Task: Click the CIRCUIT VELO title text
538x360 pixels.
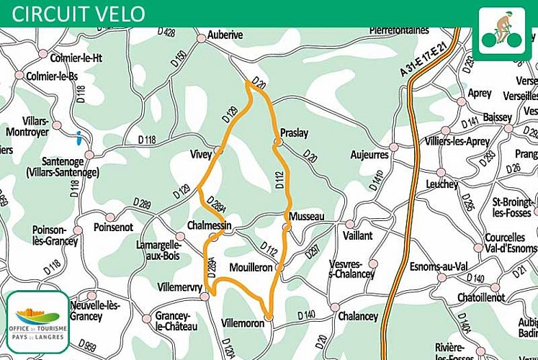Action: pos(79,14)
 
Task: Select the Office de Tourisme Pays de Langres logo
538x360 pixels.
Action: pos(37,321)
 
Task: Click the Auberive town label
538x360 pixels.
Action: pos(225,35)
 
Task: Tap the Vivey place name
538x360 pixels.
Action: pos(201,153)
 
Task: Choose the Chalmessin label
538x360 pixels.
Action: pos(208,225)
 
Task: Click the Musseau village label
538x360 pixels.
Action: pos(307,216)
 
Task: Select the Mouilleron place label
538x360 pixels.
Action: pos(250,267)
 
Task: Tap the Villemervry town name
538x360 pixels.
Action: pos(179,287)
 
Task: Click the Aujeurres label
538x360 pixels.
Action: pos(369,154)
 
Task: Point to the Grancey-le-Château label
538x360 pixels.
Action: pos(176,320)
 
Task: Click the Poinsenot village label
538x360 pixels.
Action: pos(113,227)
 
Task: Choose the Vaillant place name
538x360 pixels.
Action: pos(358,235)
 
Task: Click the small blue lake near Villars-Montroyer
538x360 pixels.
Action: pos(77,135)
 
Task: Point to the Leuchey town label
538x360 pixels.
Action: pos(441,184)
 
